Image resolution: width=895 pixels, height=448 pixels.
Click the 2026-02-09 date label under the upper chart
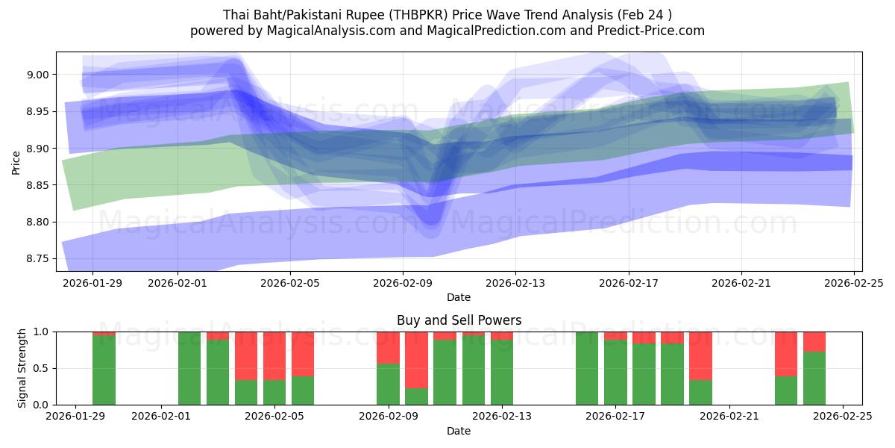point(403,283)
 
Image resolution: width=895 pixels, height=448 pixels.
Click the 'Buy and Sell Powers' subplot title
point(459,320)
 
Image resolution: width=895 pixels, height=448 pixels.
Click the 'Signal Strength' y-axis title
point(22,368)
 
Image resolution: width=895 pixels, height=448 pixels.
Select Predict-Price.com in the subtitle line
point(650,31)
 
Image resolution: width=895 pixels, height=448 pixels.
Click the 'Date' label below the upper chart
point(459,297)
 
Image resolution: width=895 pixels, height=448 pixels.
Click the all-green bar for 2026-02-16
point(587,368)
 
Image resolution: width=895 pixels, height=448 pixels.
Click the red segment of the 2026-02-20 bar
point(700,355)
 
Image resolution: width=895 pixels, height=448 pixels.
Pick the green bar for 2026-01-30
point(104,371)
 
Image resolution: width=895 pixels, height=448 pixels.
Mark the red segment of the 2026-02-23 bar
point(786,353)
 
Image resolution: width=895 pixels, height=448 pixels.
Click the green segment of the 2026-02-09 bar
point(388,384)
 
